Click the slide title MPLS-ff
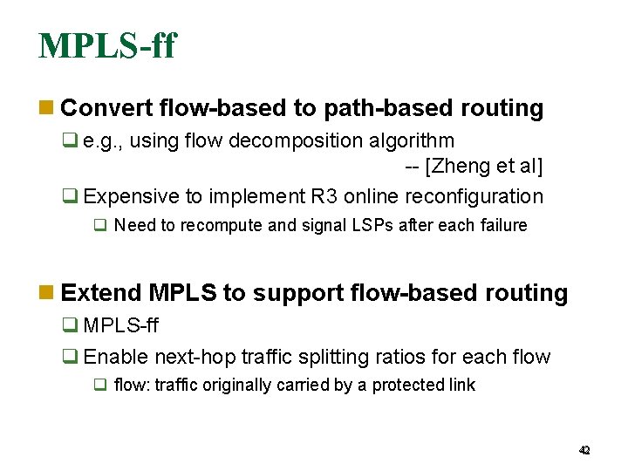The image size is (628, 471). click(106, 45)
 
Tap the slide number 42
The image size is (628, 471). click(584, 450)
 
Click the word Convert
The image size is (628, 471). click(106, 108)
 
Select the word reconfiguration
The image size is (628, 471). click(472, 197)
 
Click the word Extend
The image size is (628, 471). click(101, 293)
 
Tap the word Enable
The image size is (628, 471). click(116, 357)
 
